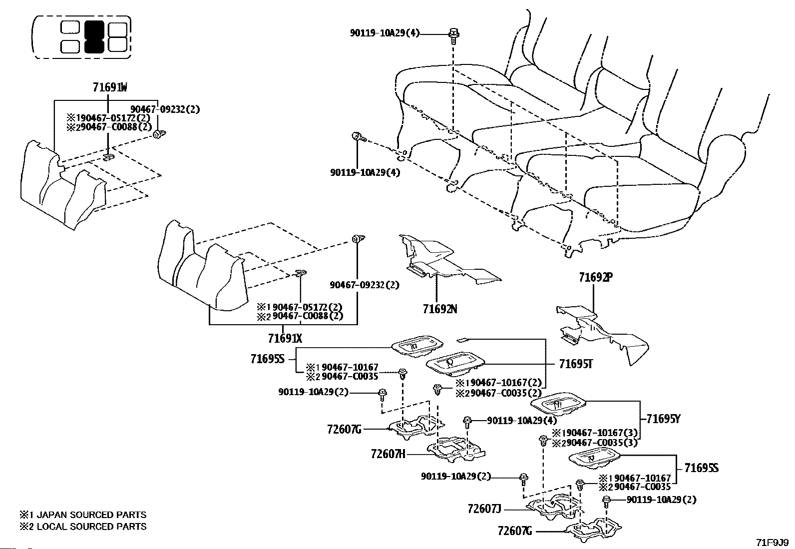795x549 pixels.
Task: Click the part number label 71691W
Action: [x=110, y=87]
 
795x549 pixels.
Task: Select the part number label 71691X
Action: [x=285, y=338]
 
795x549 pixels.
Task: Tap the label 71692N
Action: [x=440, y=309]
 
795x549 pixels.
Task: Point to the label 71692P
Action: [x=596, y=277]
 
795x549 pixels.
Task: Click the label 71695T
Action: [x=576, y=364]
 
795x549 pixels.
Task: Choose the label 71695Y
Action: [x=663, y=419]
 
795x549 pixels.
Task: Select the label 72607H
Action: [x=388, y=454]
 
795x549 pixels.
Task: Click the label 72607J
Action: [x=484, y=509]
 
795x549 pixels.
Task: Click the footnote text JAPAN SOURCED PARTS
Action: [x=91, y=515]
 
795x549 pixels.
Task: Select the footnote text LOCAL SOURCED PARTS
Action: [x=91, y=527]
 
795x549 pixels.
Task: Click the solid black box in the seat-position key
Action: [x=94, y=36]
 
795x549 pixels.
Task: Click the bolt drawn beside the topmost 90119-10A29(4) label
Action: [x=453, y=35]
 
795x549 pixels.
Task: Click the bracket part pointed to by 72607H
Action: [x=456, y=450]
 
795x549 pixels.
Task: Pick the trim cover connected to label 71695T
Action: [x=455, y=364]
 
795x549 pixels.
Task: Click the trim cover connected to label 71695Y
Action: [x=558, y=404]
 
